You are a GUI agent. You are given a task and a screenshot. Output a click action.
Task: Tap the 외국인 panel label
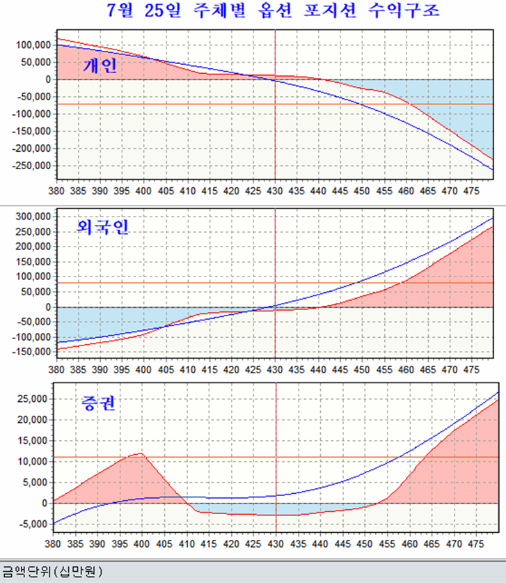coord(103,227)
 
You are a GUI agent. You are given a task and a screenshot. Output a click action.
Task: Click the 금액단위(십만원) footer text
coord(52,572)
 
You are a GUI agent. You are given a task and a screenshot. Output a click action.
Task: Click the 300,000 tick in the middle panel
coord(31,216)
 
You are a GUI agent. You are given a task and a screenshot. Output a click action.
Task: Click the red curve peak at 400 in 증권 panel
coord(141,453)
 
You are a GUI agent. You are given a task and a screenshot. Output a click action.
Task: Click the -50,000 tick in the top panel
coord(31,96)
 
